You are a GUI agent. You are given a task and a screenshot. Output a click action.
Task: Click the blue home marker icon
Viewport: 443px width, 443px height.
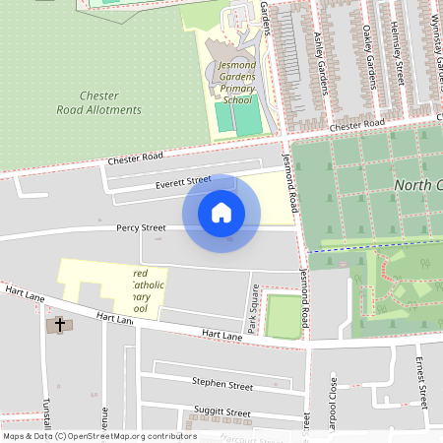[221, 213]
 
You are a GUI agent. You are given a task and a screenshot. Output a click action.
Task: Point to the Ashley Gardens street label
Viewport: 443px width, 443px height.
[321, 62]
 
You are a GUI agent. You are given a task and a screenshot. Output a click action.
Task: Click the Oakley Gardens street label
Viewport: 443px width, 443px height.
[370, 49]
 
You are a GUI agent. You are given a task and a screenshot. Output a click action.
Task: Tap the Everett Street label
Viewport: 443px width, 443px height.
[183, 182]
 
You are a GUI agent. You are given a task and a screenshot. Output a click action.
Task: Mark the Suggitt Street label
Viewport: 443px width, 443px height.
[223, 412]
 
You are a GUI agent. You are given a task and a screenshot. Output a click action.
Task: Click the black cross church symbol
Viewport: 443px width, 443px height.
[59, 324]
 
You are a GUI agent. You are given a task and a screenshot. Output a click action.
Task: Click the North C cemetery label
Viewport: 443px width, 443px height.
[417, 186]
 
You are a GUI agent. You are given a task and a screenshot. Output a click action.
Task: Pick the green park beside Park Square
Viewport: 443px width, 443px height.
[283, 315]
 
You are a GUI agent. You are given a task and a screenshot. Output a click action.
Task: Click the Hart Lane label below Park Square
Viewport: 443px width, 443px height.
[221, 336]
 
